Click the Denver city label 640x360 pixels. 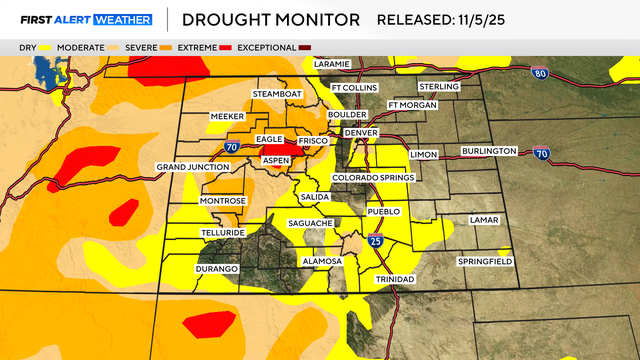click(359, 133)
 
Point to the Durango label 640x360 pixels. click(217, 269)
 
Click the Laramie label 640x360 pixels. click(332, 64)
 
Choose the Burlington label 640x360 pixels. click(489, 151)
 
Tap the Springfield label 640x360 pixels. click(484, 261)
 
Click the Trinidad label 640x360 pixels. click(393, 279)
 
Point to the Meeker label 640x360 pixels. click(227, 117)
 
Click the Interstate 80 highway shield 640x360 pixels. click(540, 73)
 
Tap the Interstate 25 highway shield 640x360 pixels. click(375, 240)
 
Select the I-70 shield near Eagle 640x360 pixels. click(231, 147)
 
